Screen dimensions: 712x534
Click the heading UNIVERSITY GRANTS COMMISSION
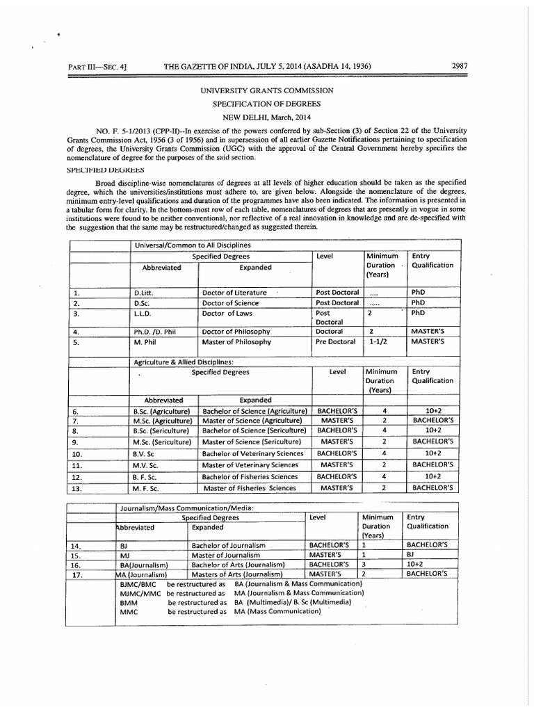pos(267,90)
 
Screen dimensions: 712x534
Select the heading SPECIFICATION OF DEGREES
pos(267,103)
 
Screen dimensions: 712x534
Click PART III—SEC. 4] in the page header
pos(101,67)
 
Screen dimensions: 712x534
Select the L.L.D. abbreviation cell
pos(144,314)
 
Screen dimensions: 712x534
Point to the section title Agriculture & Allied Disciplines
pos(184,362)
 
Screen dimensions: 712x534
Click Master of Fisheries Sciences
pos(250,487)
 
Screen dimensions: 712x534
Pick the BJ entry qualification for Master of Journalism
pos(412,555)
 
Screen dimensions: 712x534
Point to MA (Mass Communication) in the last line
pos(277,612)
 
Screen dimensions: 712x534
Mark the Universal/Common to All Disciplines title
pos(193,245)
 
